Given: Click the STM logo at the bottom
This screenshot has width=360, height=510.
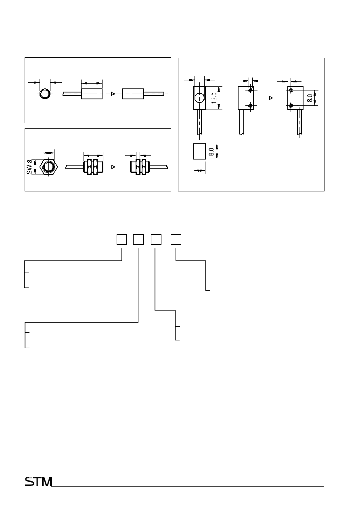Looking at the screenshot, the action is click(38, 481).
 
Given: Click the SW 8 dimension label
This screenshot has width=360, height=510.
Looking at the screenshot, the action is click(29, 167).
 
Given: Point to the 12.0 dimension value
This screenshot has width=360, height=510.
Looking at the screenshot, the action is click(214, 98).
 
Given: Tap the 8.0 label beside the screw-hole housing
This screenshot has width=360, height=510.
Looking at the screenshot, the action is click(310, 98).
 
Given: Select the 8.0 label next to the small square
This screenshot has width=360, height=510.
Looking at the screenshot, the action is click(211, 152).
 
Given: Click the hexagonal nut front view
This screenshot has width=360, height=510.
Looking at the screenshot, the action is click(49, 167).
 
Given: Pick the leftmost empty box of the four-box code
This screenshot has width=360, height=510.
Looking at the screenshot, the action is click(122, 239).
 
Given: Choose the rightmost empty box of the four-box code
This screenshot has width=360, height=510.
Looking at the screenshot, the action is click(176, 239).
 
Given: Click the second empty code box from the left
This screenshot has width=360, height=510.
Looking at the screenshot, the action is click(138, 239).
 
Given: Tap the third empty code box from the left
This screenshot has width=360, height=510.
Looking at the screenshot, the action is click(156, 239).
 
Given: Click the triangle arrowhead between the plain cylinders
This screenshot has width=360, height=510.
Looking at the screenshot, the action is click(113, 94).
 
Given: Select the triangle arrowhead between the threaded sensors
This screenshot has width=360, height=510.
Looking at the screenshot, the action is click(113, 167).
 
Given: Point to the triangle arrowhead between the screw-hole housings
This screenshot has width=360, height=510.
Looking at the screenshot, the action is click(271, 98).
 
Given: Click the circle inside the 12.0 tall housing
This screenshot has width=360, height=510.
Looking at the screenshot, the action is click(199, 98).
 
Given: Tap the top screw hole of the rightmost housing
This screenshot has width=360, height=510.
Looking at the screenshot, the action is click(291, 90).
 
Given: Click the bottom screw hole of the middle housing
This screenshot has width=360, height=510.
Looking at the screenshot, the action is click(250, 105).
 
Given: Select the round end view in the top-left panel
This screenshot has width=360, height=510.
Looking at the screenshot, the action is click(45, 94).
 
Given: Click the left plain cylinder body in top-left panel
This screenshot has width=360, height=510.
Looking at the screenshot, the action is click(92, 94).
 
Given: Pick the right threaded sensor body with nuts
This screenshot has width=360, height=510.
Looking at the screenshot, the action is click(140, 167).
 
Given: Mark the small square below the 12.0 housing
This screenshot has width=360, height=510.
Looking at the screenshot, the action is click(199, 151).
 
